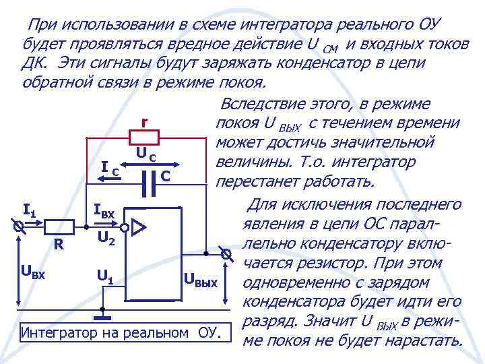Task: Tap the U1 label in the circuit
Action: [x=105, y=275]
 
